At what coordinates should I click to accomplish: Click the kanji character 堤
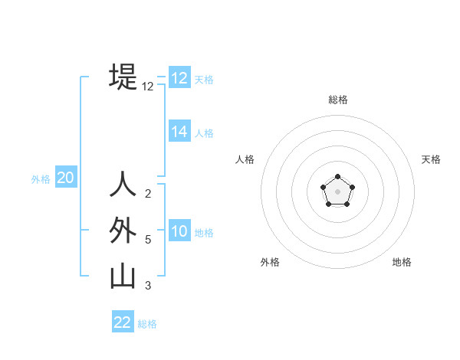coord(123,77)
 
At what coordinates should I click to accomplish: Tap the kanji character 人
coord(123,185)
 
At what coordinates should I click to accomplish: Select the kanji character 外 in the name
coord(123,231)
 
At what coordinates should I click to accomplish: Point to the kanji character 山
coord(123,277)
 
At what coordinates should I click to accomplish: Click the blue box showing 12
coord(179,78)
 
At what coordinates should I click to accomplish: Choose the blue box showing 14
coord(179,132)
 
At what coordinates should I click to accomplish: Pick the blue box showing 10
coord(179,231)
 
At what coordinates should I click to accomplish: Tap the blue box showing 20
coord(65,178)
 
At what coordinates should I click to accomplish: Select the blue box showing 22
coord(123,322)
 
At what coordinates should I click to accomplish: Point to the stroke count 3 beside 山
coord(148,286)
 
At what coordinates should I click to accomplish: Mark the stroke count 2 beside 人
coord(148,194)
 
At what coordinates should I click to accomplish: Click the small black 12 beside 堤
coord(148,87)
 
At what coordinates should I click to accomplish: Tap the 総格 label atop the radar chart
coord(337,100)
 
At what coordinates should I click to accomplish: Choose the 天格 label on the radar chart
coord(432,159)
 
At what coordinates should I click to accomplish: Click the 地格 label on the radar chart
coord(402,262)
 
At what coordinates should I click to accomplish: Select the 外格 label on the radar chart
coord(270,262)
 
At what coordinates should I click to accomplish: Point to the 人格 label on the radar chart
coord(245,159)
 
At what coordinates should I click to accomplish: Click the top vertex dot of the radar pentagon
coord(337,178)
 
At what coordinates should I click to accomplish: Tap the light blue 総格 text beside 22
coord(147,324)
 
